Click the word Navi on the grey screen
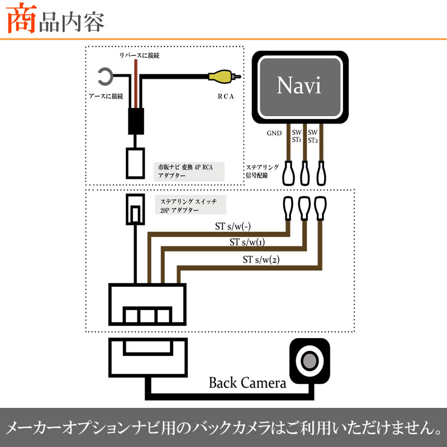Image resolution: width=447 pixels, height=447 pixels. coord(299,87)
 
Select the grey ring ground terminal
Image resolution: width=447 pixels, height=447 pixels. coord(104,75)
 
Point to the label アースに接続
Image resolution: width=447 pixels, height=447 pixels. coord(106,96)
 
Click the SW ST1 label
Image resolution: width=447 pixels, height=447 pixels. coord(296,136)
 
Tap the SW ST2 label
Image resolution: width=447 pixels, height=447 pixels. coord(313,136)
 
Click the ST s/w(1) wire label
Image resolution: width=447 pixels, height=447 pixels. coord(247,242)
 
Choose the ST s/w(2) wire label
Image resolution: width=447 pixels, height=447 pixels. coord(261,260)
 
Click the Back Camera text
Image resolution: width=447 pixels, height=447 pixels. coord(247,383)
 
